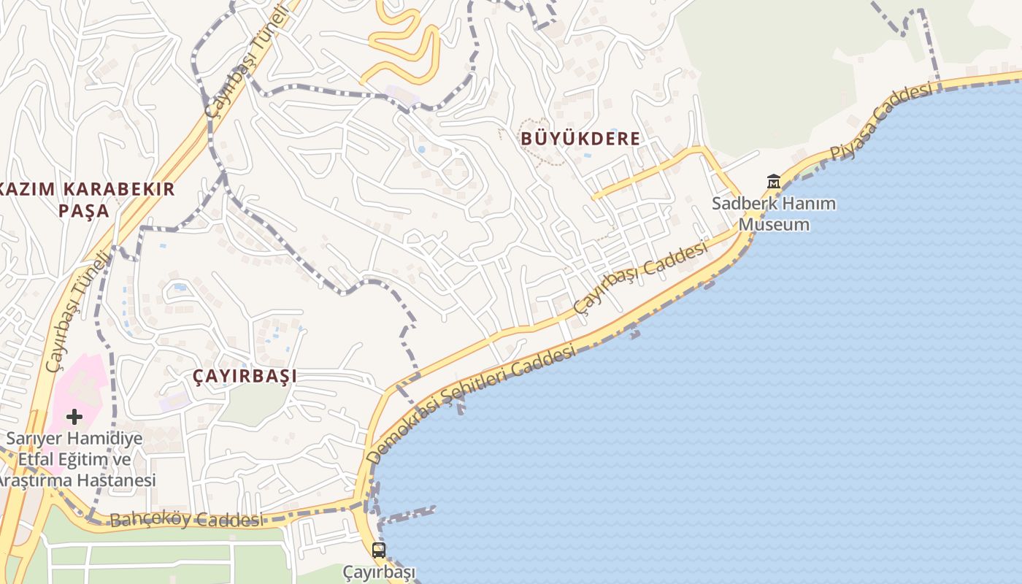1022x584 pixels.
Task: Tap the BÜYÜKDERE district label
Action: click(x=580, y=138)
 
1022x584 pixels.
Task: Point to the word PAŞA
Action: click(x=83, y=212)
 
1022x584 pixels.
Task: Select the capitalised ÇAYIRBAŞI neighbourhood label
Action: click(x=245, y=376)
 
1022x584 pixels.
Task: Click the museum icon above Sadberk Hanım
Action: click(x=773, y=181)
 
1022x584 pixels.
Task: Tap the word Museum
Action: click(x=774, y=224)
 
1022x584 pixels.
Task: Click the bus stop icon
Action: click(x=378, y=550)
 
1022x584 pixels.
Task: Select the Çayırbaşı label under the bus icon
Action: click(x=379, y=572)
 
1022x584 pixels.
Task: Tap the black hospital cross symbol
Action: click(x=74, y=417)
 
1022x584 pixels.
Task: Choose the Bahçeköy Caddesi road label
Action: click(x=185, y=520)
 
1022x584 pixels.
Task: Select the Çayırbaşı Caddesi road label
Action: click(x=640, y=278)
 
